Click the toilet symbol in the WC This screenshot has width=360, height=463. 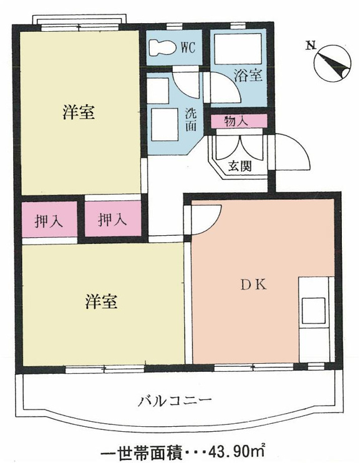click(x=162, y=47)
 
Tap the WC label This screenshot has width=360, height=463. click(x=188, y=47)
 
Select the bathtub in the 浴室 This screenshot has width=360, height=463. click(x=238, y=49)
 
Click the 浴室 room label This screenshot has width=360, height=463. click(x=248, y=75)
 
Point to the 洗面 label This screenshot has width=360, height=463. click(x=190, y=120)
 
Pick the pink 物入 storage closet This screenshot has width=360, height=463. click(x=239, y=121)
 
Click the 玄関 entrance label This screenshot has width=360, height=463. click(x=240, y=167)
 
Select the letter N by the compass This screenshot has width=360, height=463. click(x=311, y=46)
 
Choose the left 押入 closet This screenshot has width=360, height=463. click(x=50, y=220)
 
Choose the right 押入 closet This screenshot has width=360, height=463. click(x=113, y=219)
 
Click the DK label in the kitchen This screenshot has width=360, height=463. click(x=254, y=285)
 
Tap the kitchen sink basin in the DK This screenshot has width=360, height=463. click(x=313, y=311)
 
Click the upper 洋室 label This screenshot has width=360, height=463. click(x=79, y=112)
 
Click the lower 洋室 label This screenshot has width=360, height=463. click(x=101, y=301)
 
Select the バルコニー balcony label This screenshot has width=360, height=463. click(x=175, y=401)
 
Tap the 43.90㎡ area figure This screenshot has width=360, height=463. click(x=236, y=451)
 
